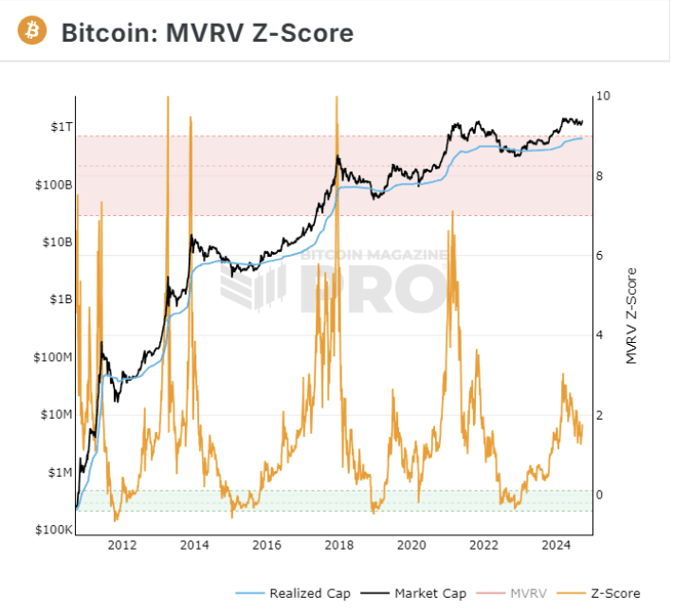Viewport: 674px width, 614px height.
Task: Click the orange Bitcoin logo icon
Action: pos(32,31)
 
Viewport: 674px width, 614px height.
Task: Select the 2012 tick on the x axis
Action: pos(122,545)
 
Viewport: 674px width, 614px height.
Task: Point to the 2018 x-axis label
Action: pos(339,545)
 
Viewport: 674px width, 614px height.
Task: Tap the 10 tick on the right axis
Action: pos(601,97)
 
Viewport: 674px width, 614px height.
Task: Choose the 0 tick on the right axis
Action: pos(599,495)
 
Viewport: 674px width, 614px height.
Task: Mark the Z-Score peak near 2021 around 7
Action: pos(452,212)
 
